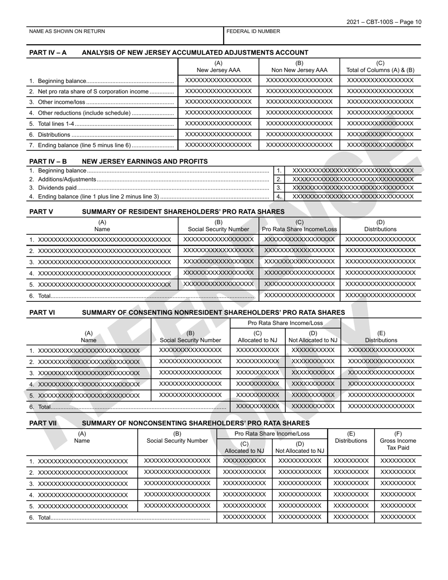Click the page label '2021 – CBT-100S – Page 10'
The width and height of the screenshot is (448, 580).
point(384,22)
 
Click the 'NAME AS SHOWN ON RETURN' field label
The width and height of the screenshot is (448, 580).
point(67,32)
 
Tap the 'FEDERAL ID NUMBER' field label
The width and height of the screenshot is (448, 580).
point(253,32)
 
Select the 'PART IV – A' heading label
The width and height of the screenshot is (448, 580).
point(48,53)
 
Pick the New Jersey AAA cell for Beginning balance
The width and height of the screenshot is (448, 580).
point(218,80)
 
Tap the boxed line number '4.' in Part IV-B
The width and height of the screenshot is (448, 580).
point(279,197)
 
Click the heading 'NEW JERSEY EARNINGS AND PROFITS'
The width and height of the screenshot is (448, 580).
point(145,162)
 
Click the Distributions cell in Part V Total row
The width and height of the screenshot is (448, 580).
point(381,295)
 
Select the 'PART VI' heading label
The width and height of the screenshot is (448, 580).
point(42,313)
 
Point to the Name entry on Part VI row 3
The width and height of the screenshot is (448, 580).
point(89,373)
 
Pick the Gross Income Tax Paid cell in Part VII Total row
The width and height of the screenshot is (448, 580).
point(398,517)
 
